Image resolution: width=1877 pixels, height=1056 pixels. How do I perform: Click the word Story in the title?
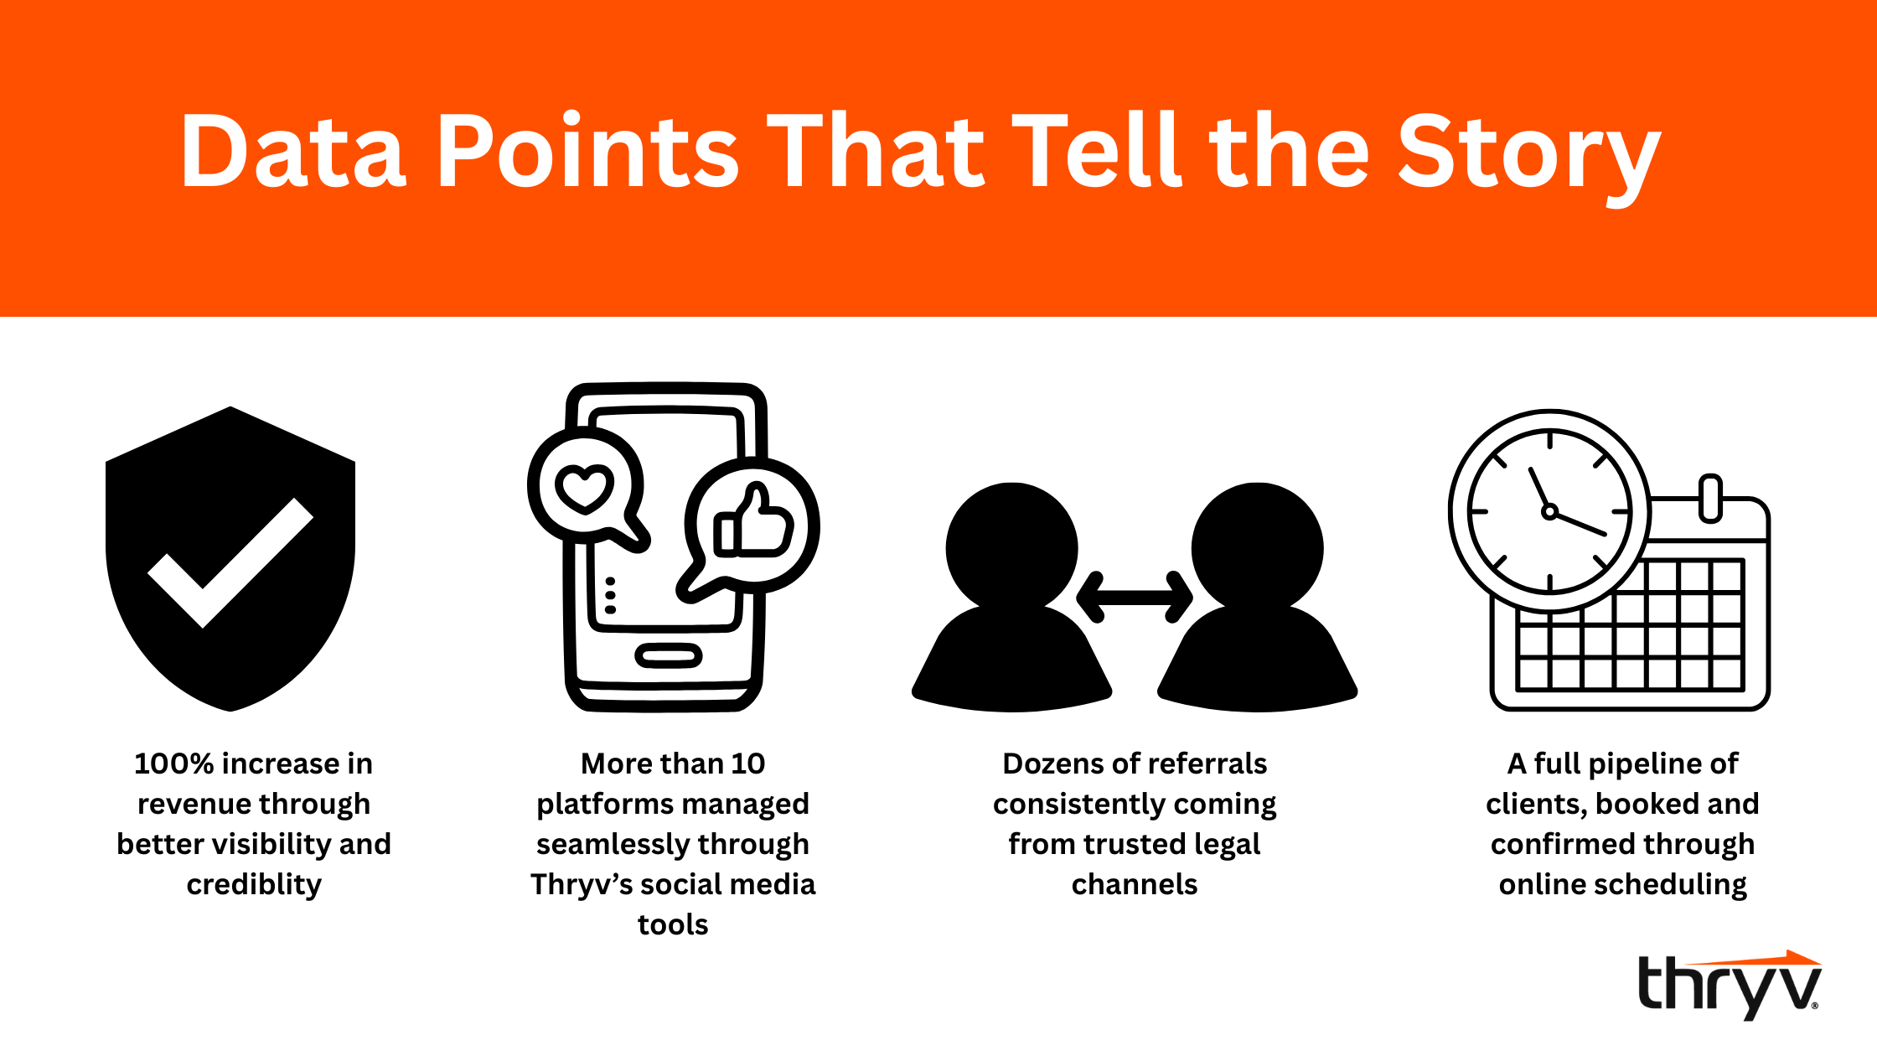[1529, 155]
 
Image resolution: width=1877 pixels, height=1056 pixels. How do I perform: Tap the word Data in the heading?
[293, 151]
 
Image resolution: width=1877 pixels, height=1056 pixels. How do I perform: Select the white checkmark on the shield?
[230, 563]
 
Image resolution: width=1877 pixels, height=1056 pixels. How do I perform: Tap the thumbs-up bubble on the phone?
[750, 528]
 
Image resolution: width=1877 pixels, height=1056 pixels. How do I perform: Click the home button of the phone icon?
[668, 655]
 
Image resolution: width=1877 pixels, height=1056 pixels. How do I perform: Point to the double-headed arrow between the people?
[1135, 598]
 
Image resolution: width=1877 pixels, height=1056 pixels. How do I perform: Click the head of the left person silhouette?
[1012, 547]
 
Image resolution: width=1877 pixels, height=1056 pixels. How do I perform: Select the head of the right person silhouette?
[1257, 547]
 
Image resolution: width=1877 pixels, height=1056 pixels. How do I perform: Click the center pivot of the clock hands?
[1549, 511]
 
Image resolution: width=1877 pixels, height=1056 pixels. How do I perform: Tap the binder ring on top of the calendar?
[1710, 498]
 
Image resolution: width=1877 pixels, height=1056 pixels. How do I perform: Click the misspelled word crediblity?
[254, 885]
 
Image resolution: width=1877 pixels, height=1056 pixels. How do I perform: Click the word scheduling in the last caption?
[1676, 885]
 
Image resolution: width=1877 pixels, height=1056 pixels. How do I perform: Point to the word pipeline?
[1642, 764]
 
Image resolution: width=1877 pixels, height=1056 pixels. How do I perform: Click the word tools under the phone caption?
[673, 924]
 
